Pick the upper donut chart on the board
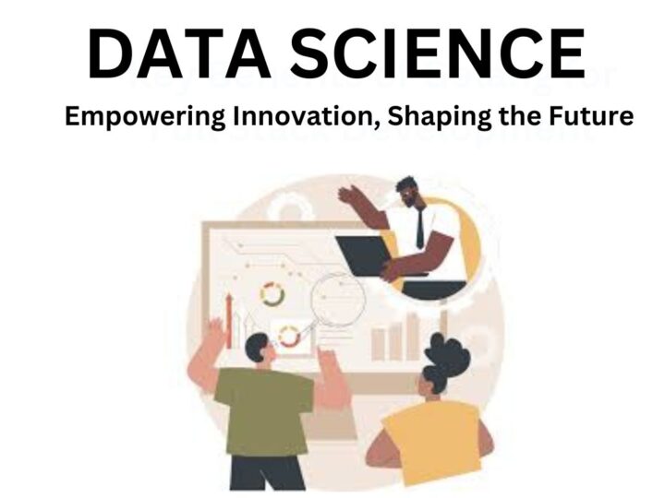[272, 295]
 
